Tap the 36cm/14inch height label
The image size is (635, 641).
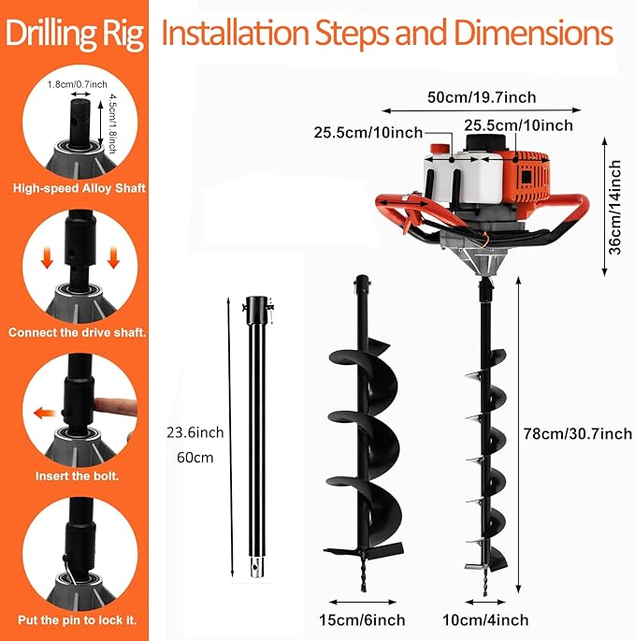[615, 204]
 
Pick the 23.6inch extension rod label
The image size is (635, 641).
[195, 432]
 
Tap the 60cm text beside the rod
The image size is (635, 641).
[195, 459]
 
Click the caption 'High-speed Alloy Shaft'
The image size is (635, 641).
[79, 188]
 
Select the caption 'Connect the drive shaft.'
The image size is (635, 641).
[78, 332]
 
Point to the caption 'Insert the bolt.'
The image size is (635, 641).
[78, 475]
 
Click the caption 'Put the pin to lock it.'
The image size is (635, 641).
[78, 619]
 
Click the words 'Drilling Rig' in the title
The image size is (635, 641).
[75, 35]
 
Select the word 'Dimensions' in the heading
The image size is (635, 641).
[530, 34]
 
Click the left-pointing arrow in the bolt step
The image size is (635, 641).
[42, 412]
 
